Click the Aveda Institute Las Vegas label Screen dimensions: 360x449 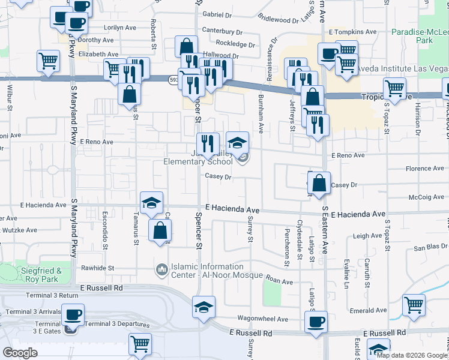(399, 68)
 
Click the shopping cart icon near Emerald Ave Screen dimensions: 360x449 (414, 304)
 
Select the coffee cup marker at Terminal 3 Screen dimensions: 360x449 (73, 315)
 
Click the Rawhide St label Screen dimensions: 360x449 (98, 268)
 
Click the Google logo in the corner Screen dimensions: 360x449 (20, 353)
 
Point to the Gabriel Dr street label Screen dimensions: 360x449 (217, 14)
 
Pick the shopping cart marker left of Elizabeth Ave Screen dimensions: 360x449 (48, 60)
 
